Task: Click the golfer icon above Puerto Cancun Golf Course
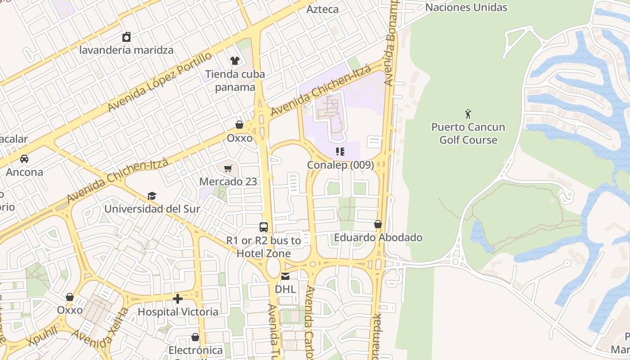pos(468,113)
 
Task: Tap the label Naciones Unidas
pos(466,7)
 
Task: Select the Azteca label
pos(322,9)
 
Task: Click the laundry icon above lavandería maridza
pos(126,36)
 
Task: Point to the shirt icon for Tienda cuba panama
pos(234,61)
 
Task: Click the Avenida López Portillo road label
pos(160,82)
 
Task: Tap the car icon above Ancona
pos(24,158)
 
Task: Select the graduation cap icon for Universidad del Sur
pos(152,196)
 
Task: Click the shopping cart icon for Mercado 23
pos(228,169)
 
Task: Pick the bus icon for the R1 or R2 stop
pos(264,227)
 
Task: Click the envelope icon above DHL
pos(285,276)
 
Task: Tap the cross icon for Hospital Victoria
pos(178,298)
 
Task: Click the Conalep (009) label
pos(340,165)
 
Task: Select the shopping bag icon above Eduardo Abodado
pos(378,224)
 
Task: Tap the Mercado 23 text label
pos(228,182)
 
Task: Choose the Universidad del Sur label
pos(152,209)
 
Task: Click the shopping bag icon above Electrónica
pos(195,337)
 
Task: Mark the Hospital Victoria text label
pos(178,311)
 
